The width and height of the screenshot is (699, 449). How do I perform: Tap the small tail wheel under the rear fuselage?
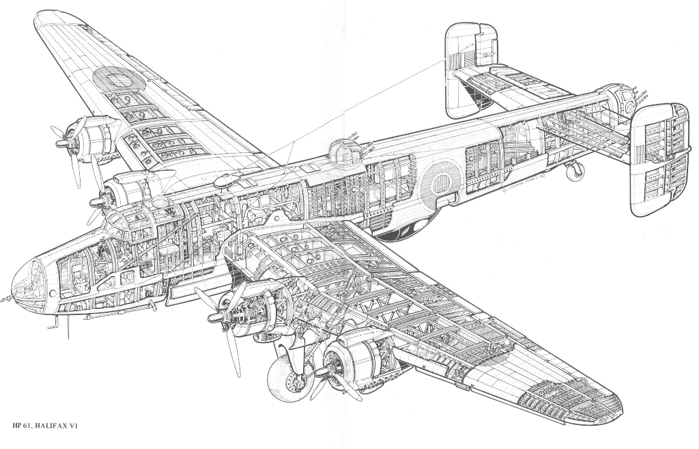(x=577, y=170)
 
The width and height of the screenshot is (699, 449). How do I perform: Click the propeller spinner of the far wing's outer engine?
(x=62, y=145)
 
